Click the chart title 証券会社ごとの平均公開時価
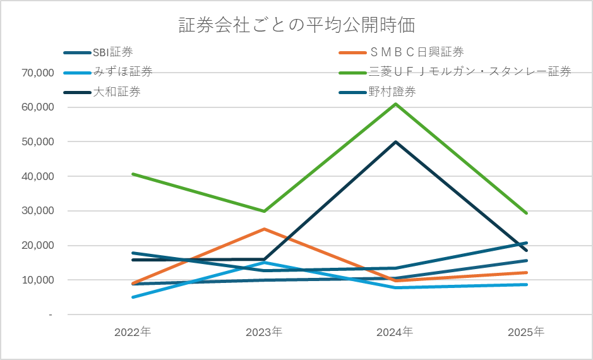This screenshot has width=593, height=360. click(296, 26)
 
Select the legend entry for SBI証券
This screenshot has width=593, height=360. click(112, 52)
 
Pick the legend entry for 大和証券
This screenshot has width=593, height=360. click(116, 92)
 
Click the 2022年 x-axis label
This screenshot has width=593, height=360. click(133, 332)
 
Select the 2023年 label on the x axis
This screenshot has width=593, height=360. click(264, 332)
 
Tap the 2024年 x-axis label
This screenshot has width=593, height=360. click(395, 332)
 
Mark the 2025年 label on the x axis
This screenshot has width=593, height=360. click(527, 332)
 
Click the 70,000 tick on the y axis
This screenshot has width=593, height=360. click(37, 73)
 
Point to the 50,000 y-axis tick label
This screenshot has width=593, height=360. click(37, 142)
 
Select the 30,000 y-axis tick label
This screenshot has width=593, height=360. click(37, 211)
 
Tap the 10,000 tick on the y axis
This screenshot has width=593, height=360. click(37, 280)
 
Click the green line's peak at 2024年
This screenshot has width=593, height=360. click(395, 104)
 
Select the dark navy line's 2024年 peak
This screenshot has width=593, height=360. click(395, 141)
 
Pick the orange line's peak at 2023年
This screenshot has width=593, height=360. click(264, 229)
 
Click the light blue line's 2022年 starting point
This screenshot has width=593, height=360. click(133, 297)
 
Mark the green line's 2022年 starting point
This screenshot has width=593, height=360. click(133, 174)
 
